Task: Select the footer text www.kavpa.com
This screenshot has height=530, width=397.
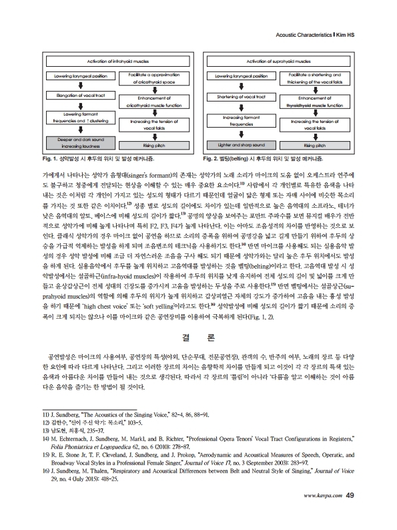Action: pyautogui.click(x=323, y=514)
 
